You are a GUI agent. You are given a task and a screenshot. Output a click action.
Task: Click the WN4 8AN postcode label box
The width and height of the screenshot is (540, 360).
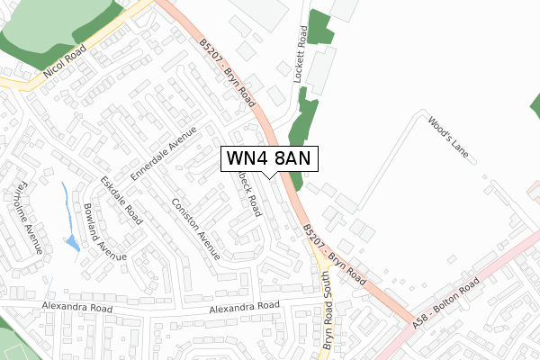[x=269, y=157]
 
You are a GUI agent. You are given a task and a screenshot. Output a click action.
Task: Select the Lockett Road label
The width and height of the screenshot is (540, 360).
[x=301, y=54]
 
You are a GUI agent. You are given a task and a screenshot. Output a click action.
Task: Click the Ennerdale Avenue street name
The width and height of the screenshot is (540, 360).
[x=164, y=156]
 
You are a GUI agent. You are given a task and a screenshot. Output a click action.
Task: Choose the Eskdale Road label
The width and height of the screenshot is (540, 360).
[x=121, y=200]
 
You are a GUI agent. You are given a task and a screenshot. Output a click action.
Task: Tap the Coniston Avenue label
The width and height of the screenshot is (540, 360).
[x=195, y=229]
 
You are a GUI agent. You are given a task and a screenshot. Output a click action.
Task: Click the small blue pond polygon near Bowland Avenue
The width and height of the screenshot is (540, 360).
[x=71, y=243]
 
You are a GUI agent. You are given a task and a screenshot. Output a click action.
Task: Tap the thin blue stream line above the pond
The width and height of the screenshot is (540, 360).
[x=65, y=202]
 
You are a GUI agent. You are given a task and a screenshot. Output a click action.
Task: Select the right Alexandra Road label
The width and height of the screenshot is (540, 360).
[x=245, y=308]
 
